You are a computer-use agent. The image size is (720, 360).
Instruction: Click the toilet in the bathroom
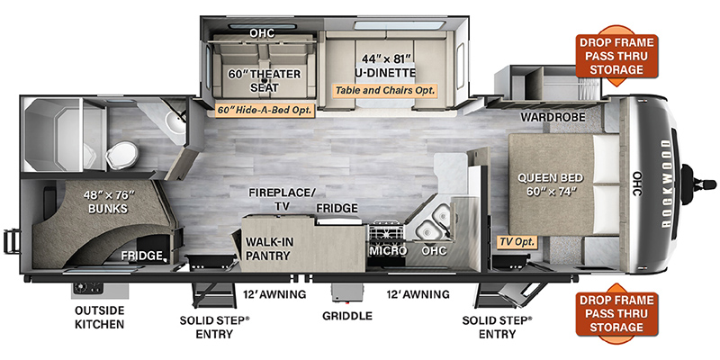121,155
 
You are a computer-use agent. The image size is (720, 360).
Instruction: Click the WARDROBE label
553,118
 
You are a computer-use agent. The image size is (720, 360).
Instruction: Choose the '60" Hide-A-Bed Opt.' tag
265,110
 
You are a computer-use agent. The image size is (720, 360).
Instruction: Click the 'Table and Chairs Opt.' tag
385,90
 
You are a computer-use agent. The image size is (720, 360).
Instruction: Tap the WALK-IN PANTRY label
269,248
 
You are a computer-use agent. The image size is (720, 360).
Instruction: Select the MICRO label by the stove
389,251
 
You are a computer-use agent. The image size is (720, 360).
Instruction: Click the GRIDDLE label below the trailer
347,316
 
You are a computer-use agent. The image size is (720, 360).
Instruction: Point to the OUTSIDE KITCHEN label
100,317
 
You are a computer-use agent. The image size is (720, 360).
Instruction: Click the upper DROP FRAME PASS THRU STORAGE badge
616,56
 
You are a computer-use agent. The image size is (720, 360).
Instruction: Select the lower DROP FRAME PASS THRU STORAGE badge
616,313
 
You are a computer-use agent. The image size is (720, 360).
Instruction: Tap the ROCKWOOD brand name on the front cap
666,183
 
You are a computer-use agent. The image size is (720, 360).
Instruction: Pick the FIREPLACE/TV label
283,199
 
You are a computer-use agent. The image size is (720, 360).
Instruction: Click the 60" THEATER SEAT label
265,80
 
